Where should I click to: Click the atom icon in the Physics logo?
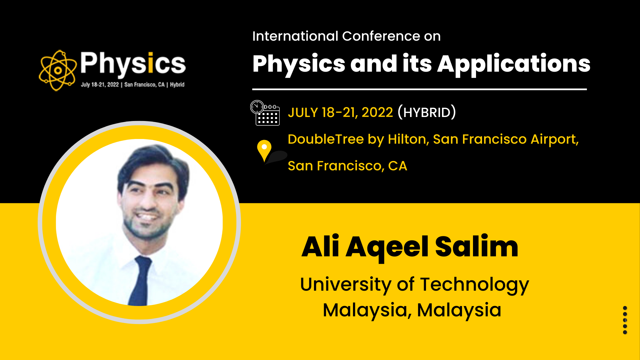click(58, 70)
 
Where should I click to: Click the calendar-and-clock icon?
click(265, 113)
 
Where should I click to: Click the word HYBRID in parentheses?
click(427, 112)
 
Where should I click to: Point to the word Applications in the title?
click(514, 64)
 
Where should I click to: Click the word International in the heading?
click(295, 36)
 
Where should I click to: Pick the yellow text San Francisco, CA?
click(347, 166)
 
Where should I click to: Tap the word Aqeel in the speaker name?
click(387, 248)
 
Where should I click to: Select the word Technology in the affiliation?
click(474, 285)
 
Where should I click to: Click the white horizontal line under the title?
click(419, 89)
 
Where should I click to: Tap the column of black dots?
click(625, 320)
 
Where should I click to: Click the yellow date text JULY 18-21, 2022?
click(340, 112)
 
